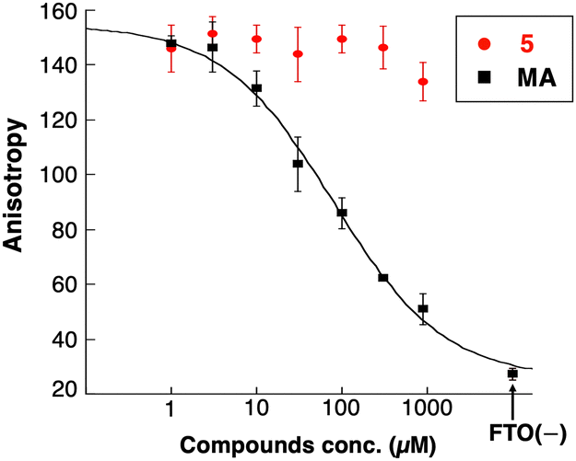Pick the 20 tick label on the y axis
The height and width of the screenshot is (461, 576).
click(x=63, y=392)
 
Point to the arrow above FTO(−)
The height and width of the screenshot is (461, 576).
click(x=512, y=401)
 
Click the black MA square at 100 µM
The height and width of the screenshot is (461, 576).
click(x=342, y=213)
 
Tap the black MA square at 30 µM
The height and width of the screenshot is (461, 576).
click(x=298, y=164)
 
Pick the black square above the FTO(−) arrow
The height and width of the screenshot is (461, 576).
click(x=512, y=374)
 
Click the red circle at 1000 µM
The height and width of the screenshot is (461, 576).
click(x=423, y=81)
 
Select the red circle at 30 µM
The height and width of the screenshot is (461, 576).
click(x=298, y=53)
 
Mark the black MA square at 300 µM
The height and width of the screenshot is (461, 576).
click(x=382, y=278)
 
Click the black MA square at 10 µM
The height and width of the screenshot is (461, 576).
click(x=257, y=88)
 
